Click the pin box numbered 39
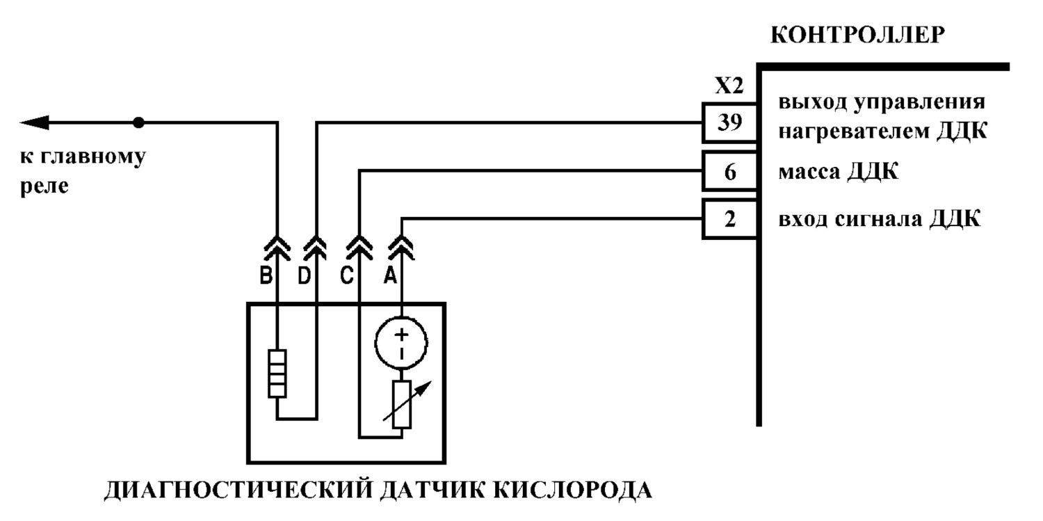coord(729,122)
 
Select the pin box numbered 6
coord(729,171)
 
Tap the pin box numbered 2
coord(729,219)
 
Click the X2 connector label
coord(729,86)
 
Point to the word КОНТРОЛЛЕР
coord(857,35)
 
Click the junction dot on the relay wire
coord(139,122)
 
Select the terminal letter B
coord(266,276)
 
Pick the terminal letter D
coord(304,276)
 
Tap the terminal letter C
coord(347,276)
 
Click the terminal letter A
coord(389,276)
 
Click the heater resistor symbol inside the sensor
coord(277,374)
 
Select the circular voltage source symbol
coord(401,344)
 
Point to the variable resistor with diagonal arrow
coord(402,404)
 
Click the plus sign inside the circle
coord(401,335)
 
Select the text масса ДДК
coord(838,172)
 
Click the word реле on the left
coord(45,186)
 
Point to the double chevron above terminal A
coord(401,248)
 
